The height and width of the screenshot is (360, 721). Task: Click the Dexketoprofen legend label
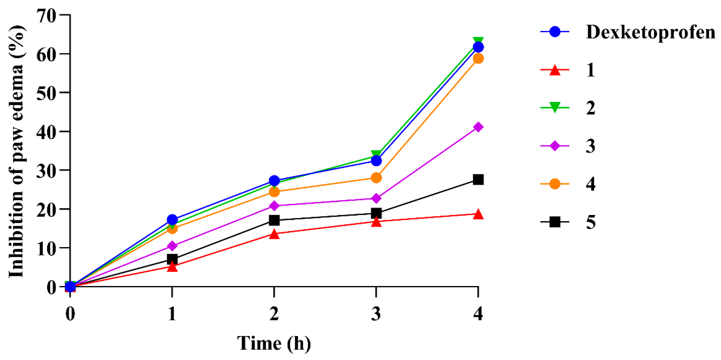tap(650, 32)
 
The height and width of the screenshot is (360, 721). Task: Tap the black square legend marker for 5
tap(555, 222)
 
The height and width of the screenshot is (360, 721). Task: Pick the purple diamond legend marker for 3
tap(555, 146)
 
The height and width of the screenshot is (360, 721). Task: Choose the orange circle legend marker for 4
tap(555, 184)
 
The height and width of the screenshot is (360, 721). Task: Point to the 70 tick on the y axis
tap(46, 16)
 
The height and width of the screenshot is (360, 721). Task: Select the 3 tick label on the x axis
tap(376, 314)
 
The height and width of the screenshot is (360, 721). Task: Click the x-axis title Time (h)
tap(274, 343)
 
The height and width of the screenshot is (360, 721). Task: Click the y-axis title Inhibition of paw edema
tap(17, 151)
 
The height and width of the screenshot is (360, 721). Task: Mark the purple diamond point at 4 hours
tap(478, 127)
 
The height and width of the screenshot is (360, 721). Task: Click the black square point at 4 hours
tap(478, 179)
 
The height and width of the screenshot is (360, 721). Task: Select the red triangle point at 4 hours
tap(478, 215)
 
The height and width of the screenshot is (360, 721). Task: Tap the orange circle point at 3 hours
tap(376, 178)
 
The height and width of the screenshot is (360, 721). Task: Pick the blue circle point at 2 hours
tap(274, 181)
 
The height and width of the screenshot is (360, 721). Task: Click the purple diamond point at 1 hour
tap(172, 246)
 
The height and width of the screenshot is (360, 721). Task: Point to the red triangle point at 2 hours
tap(274, 234)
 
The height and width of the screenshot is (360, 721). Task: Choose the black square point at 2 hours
tap(274, 220)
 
